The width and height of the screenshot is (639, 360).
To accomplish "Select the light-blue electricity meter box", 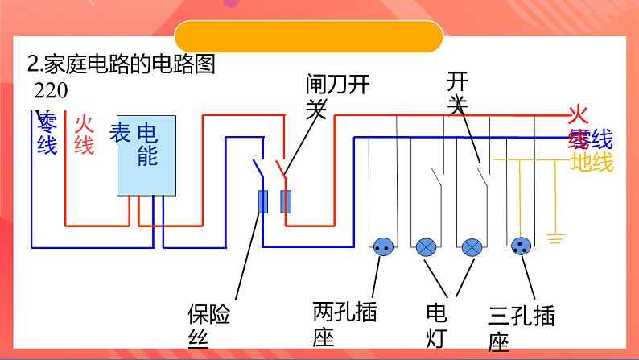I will pos(146,154).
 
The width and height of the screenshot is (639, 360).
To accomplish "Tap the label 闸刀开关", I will pos(336,96).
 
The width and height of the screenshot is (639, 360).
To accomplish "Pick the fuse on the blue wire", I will pos(262,202).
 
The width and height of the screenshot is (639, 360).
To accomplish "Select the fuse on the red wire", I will pos(285,201).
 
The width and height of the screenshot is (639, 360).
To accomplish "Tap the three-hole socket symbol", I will pos(520,247).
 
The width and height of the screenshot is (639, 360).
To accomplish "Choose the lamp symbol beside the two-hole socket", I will pos(427,247).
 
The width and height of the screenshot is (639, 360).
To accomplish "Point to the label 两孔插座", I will pos(344,323).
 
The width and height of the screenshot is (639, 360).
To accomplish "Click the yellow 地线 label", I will pos(592,163).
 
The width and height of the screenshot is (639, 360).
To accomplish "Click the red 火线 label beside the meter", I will pos(85,134).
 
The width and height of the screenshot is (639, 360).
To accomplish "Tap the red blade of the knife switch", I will pos(282,168).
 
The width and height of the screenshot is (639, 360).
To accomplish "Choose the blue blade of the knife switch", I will pos(257,168).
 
